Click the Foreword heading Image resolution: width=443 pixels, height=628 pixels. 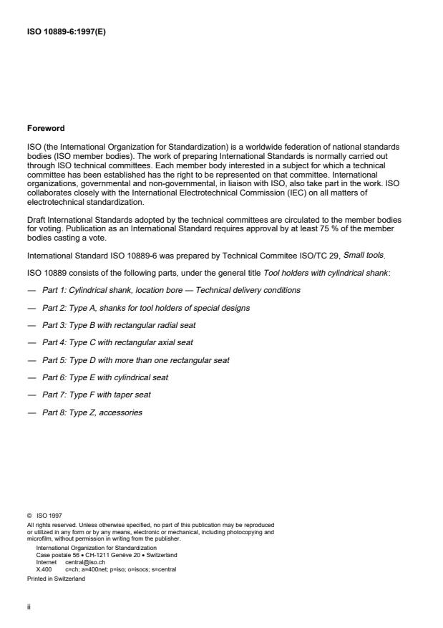point(45,129)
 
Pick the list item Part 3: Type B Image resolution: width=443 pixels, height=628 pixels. point(118,325)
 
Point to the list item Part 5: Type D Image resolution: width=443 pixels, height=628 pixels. point(135,360)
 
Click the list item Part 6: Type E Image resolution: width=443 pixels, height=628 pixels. point(105,377)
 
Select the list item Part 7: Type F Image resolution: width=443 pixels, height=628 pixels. point(97,395)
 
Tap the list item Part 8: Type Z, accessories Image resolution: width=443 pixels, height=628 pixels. point(92,412)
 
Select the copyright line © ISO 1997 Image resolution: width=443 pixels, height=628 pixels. point(45,533)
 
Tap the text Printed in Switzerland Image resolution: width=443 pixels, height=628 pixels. point(59,579)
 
